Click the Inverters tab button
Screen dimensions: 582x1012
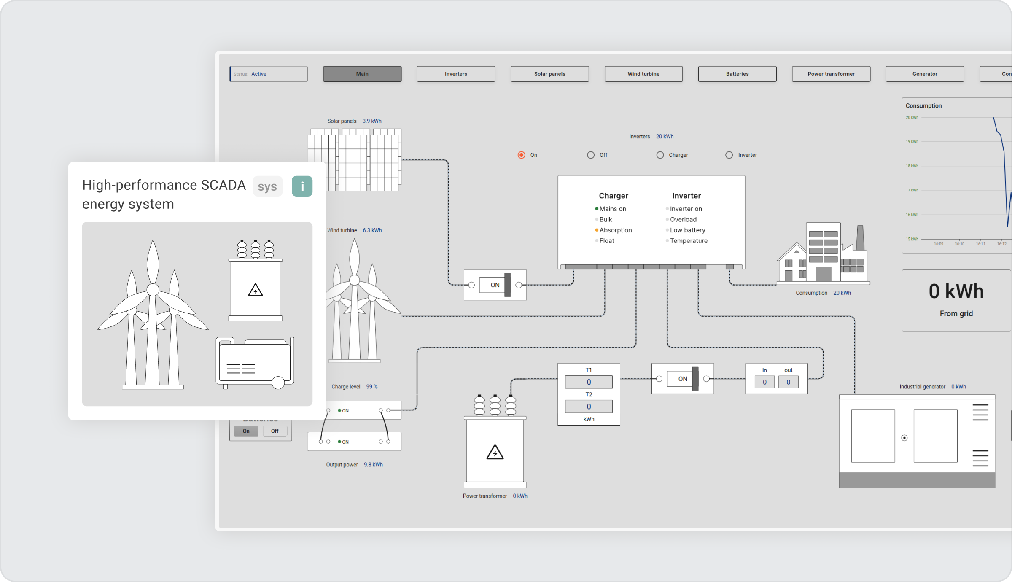(x=456, y=74)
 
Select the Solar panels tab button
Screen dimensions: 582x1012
(x=549, y=74)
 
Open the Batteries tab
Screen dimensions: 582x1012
(x=737, y=74)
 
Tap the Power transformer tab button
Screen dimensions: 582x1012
(x=831, y=74)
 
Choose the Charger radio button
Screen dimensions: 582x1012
(x=660, y=155)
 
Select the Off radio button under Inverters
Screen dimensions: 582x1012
(x=591, y=155)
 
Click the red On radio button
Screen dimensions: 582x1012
(x=522, y=155)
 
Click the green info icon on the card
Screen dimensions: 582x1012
(x=302, y=186)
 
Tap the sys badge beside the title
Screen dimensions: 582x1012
(x=267, y=186)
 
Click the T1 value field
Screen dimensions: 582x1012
(x=589, y=382)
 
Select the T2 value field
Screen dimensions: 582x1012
(x=589, y=407)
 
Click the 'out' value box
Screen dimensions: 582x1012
(x=788, y=382)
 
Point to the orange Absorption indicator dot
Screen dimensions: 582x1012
(x=597, y=230)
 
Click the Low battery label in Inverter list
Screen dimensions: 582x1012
(x=687, y=230)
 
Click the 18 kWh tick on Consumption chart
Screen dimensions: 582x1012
(x=912, y=166)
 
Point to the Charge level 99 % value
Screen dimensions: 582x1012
(x=372, y=387)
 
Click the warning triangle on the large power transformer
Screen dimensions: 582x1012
(x=495, y=453)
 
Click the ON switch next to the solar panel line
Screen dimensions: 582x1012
(x=495, y=285)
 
